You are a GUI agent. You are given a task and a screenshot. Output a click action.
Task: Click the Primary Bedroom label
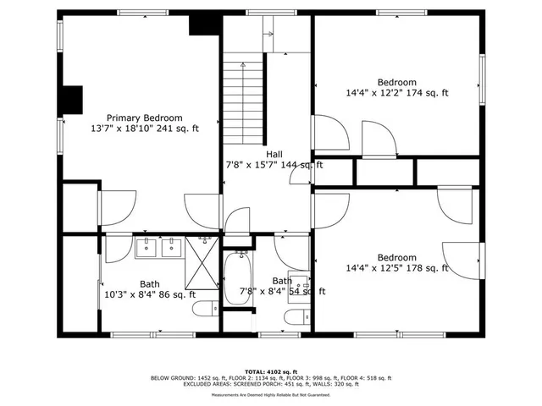point(144,118)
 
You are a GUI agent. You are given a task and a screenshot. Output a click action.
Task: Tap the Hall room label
point(274,154)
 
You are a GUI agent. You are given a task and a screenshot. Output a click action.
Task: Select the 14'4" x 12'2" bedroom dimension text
point(396,93)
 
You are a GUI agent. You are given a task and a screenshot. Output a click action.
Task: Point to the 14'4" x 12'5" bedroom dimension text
point(396,269)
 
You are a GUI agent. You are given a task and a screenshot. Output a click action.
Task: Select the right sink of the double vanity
point(172,248)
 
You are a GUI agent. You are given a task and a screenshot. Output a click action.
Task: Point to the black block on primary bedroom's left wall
point(74,99)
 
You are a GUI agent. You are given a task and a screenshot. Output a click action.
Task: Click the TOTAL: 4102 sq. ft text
point(271,371)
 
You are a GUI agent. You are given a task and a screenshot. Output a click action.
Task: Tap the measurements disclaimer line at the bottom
point(271,395)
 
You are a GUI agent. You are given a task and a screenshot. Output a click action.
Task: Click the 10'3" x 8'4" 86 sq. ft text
point(150,294)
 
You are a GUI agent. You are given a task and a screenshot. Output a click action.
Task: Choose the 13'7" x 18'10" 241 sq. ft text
point(144,129)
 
